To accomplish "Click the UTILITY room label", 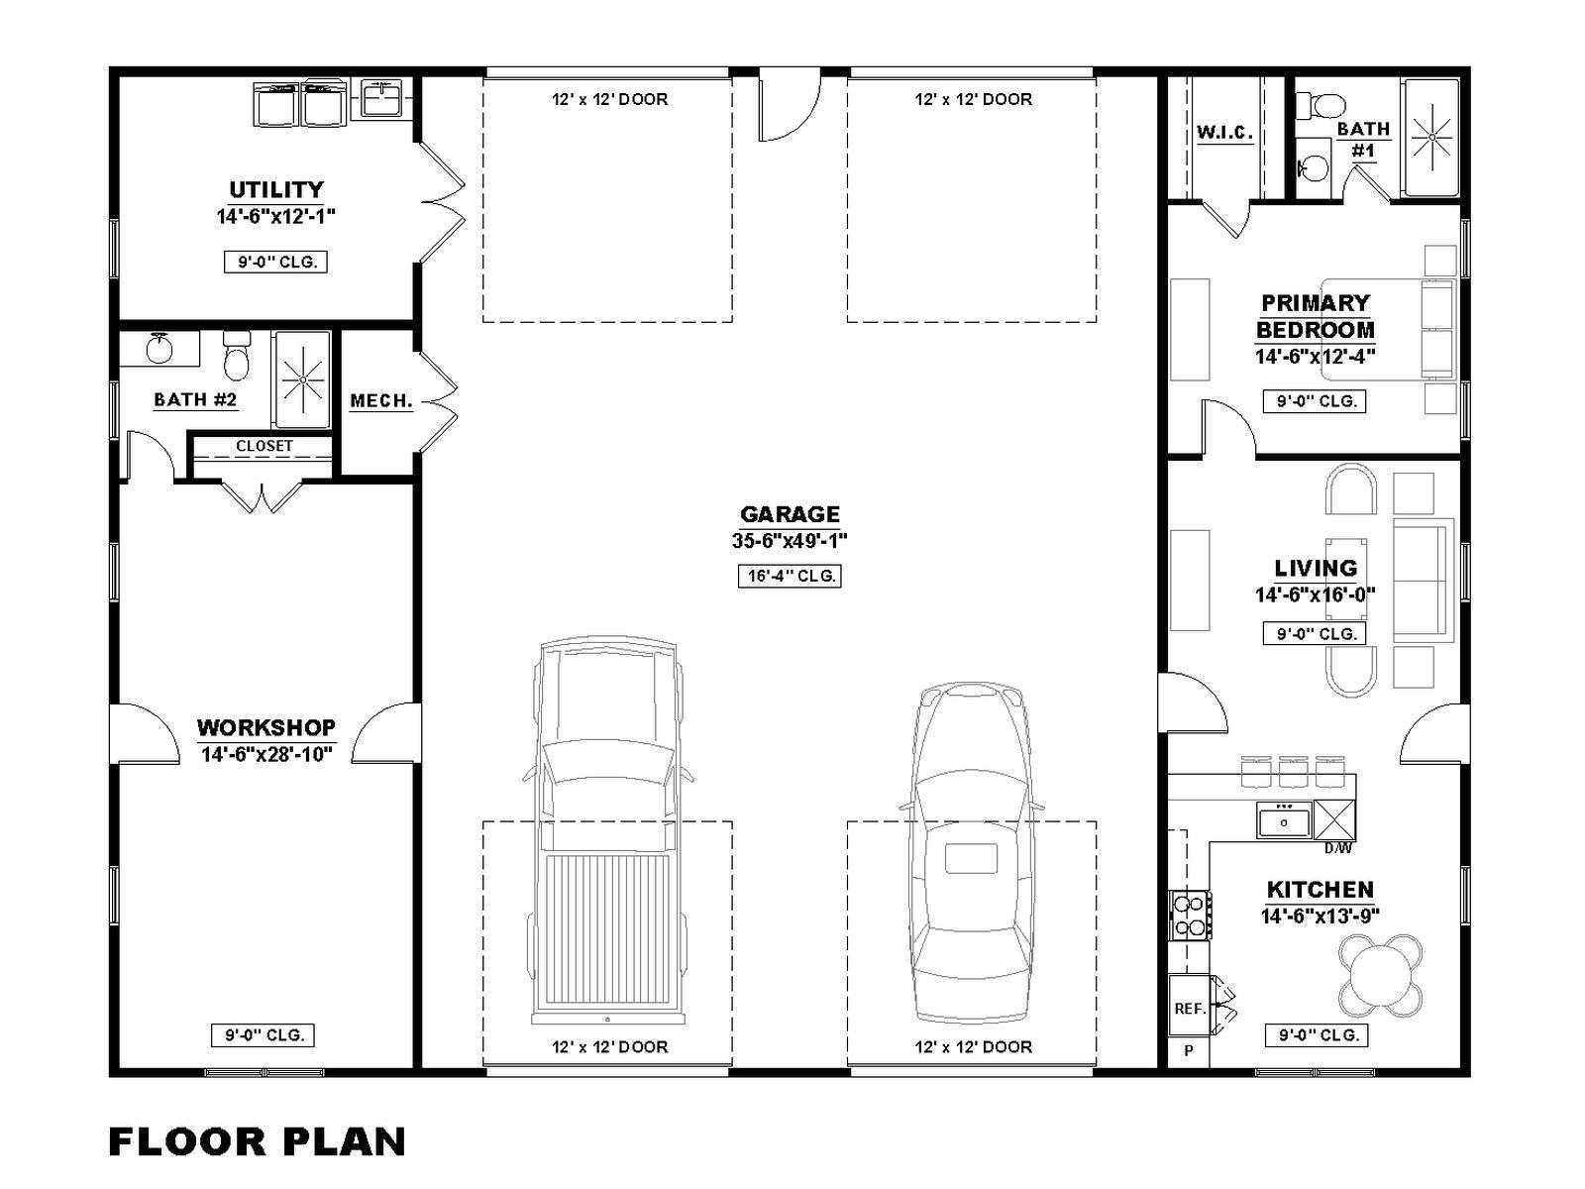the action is coord(275,190).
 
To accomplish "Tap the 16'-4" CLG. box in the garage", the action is coord(790,576).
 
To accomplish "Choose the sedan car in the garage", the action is coord(971,852).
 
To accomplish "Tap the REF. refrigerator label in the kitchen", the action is coord(1190,1009).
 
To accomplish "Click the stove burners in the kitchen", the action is coord(1189,916).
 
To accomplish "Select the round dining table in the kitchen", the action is coord(1381,975).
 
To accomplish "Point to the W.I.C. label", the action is coord(1224,133).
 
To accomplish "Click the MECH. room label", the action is coord(381,400).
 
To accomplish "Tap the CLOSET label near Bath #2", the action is coord(264,446).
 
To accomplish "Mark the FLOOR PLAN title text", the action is coord(257,1142).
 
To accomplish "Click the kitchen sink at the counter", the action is coord(1284,820).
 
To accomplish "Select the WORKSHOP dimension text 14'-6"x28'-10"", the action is coord(266,755).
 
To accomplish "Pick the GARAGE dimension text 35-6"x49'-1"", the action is coord(790,541).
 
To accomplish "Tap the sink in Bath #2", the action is coord(159,350).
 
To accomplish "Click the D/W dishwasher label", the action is coord(1338,849).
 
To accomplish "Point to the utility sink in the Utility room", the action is coord(380,99).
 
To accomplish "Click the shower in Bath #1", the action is coord(1431,137).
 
